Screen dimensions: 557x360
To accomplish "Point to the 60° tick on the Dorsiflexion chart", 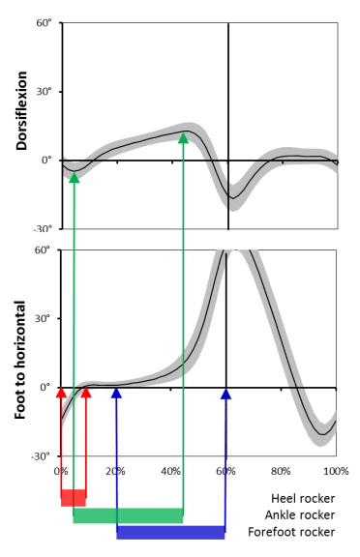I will tap(44, 22).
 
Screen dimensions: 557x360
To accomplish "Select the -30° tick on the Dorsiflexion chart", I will tap(42, 229).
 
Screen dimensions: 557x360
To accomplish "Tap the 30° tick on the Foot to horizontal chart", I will tap(44, 318).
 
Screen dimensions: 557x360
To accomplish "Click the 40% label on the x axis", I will tap(170, 471).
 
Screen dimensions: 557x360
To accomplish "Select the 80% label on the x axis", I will tap(281, 471).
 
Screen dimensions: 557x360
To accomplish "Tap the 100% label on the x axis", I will tap(335, 471).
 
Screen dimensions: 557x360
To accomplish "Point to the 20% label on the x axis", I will tap(115, 471).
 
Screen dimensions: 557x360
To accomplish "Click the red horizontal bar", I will tap(73, 498).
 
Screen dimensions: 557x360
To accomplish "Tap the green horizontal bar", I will tap(128, 515).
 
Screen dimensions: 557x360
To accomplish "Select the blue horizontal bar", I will tap(170, 532).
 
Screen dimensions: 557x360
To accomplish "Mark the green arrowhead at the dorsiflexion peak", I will tap(183, 138).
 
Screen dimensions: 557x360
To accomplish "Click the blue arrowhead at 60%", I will tap(225, 394).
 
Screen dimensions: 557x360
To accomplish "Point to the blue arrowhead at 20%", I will tap(116, 394).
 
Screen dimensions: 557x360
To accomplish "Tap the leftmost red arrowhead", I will tap(61, 394).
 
